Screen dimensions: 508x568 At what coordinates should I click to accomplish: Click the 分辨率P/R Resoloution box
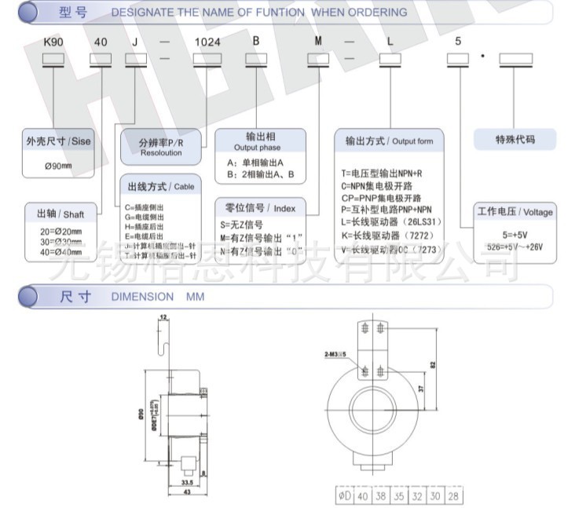(x=160, y=148)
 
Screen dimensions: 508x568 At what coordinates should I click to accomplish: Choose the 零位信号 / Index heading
(x=260, y=208)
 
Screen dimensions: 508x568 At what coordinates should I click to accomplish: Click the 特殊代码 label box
(x=515, y=140)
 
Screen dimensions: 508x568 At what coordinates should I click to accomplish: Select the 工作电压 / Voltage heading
(x=515, y=213)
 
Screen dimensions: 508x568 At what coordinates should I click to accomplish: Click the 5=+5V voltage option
(x=515, y=234)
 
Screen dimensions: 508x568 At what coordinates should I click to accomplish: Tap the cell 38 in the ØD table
(x=380, y=495)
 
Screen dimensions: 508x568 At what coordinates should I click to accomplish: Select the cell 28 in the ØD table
(x=454, y=495)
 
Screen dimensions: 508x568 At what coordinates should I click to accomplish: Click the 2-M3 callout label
(x=334, y=356)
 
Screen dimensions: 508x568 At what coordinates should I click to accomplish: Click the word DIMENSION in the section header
(x=142, y=298)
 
